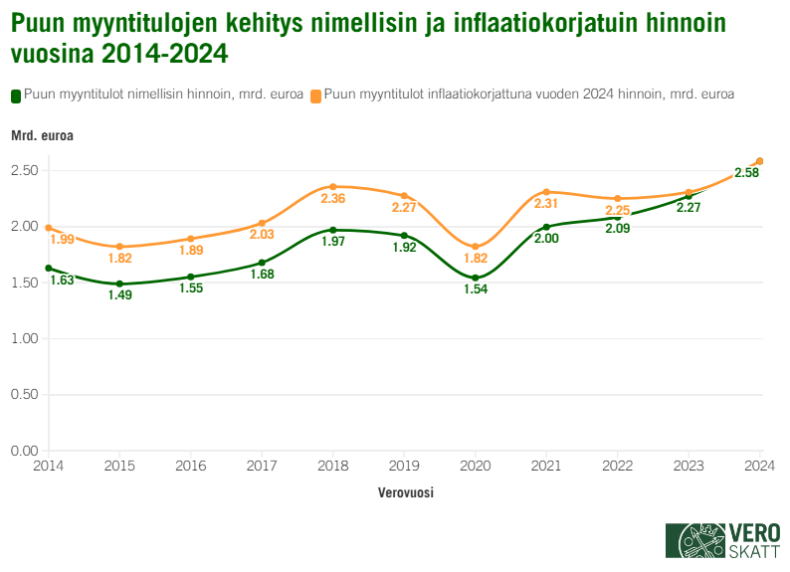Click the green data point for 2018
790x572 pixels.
coord(333,230)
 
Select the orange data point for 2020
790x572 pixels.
coord(476,247)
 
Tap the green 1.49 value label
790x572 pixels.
coord(119,295)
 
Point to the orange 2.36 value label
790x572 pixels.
coord(333,199)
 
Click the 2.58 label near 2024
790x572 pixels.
coord(746,173)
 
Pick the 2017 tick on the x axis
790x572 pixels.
coord(262,465)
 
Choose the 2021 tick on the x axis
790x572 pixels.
coord(546,465)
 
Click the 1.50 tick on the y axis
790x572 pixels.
coord(24,283)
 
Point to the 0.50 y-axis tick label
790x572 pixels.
coord(24,395)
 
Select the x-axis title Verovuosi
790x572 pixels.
coord(406,492)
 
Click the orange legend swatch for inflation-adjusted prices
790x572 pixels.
coord(315,95)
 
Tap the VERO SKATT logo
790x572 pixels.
coord(722,540)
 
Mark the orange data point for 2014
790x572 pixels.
coord(48,228)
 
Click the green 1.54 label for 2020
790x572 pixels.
coord(476,289)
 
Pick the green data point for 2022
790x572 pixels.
coord(618,217)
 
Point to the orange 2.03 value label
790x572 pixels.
coord(262,235)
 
